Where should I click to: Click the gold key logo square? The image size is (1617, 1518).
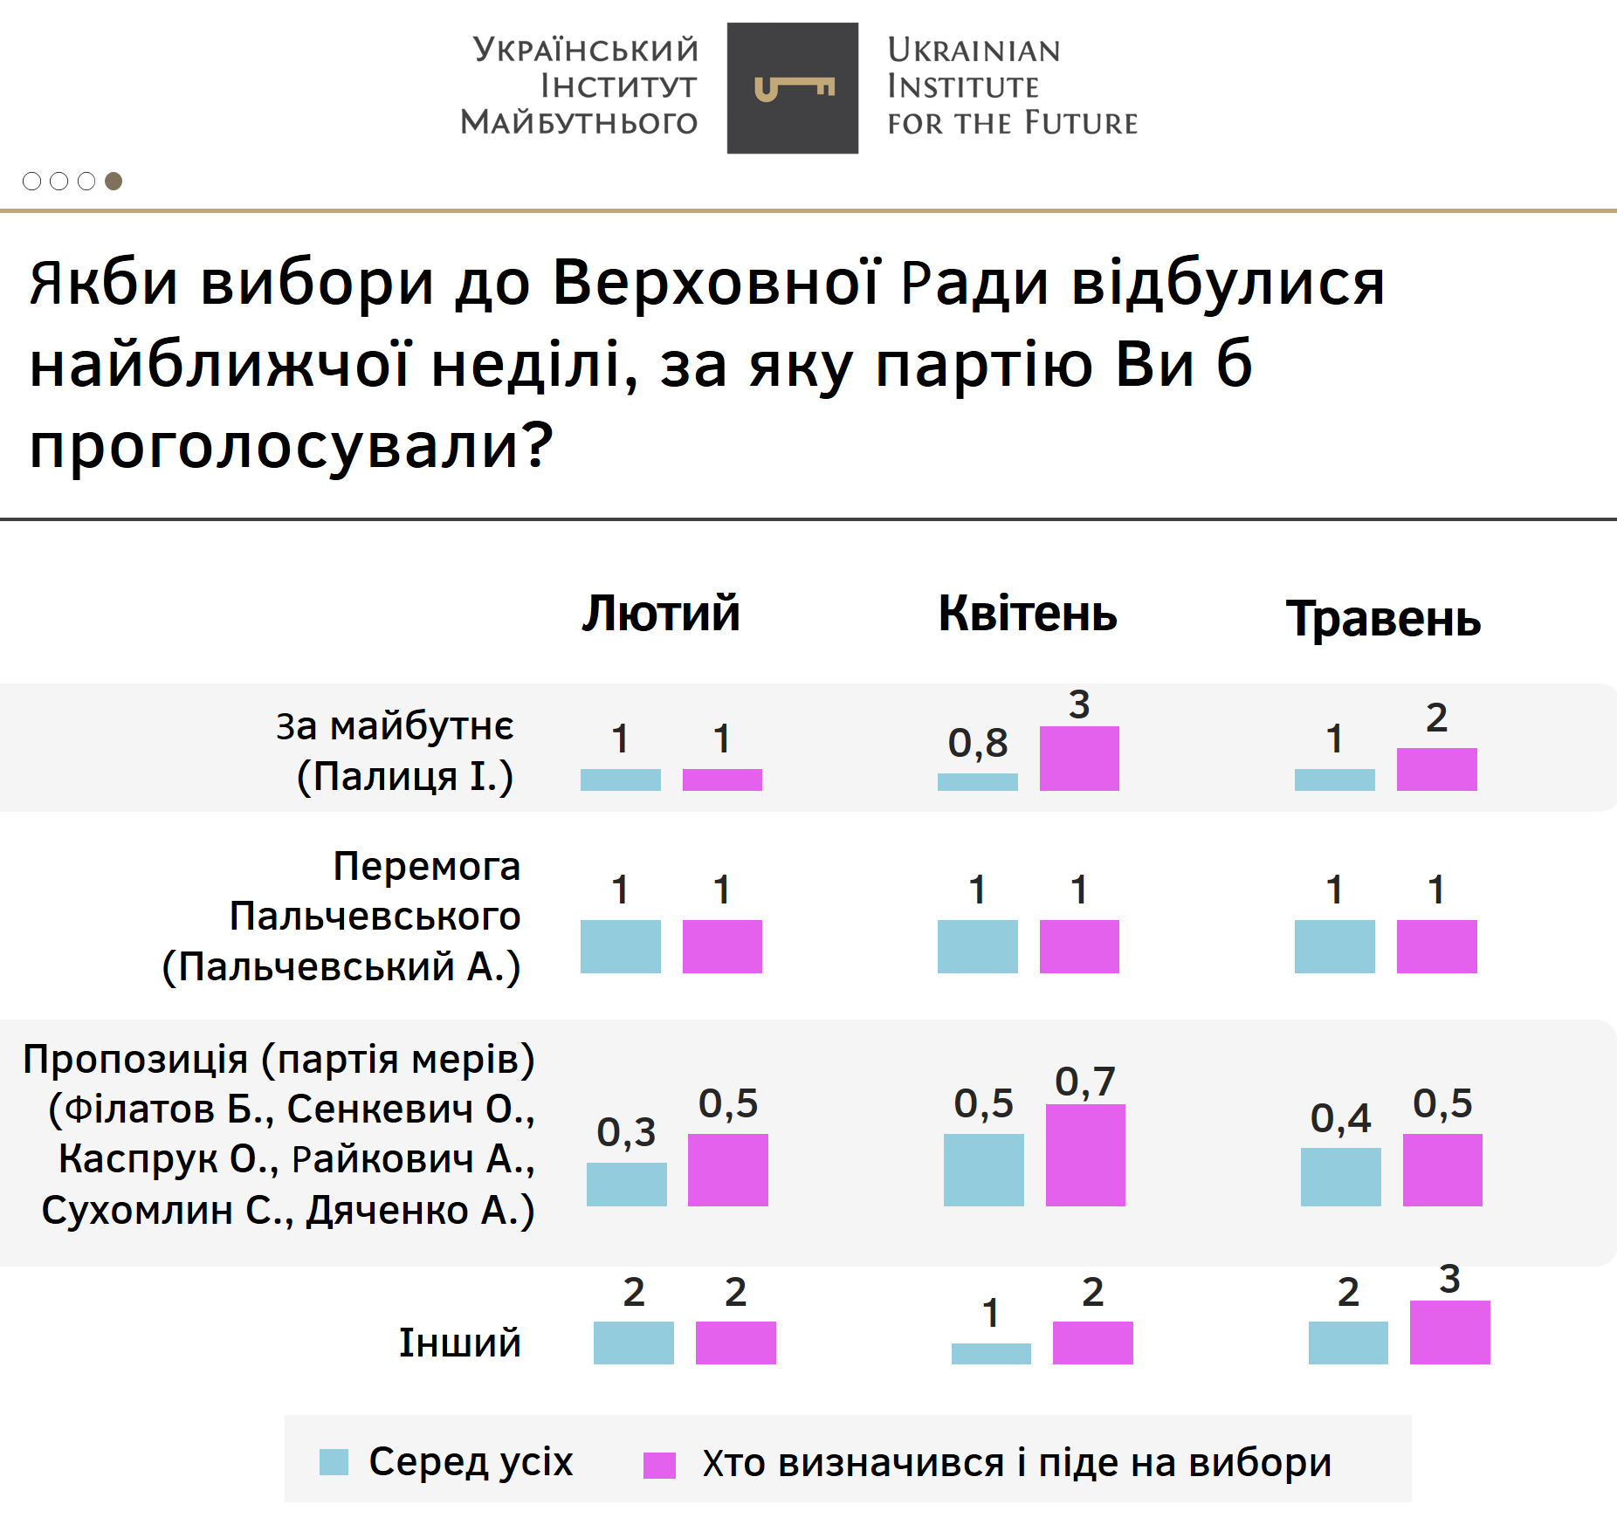792,88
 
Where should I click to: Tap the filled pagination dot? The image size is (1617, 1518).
114,181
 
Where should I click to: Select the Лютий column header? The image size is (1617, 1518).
661,613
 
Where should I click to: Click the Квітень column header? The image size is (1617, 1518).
1028,613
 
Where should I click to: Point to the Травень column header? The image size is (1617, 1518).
1383,619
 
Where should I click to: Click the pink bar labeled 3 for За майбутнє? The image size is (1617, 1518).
1079,758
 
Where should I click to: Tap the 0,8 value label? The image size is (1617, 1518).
978,743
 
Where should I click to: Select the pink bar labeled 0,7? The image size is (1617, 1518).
1085,1155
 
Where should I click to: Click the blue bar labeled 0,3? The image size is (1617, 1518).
626,1184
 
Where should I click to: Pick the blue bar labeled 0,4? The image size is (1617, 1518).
1340,1177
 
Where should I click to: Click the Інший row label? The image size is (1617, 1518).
459,1343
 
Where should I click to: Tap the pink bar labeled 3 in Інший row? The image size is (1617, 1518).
1449,1332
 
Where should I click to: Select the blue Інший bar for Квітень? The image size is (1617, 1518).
991,1353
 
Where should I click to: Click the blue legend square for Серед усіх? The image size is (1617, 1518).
334,1462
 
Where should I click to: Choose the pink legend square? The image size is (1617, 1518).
659,1465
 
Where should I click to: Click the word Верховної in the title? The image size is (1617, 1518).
716,283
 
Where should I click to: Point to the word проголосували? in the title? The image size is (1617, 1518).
291,444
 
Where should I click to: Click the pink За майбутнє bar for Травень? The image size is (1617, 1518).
1436,769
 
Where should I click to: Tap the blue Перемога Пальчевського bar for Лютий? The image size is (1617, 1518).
620,946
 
